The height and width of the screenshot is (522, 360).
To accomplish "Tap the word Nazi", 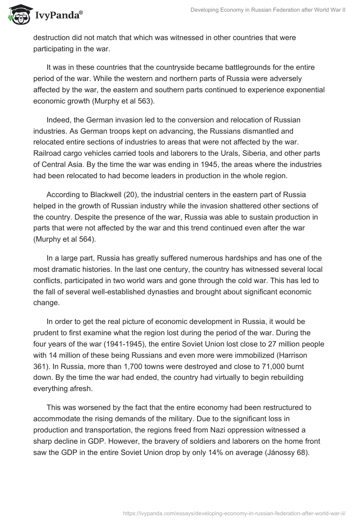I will pyautogui.click(x=234, y=431).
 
